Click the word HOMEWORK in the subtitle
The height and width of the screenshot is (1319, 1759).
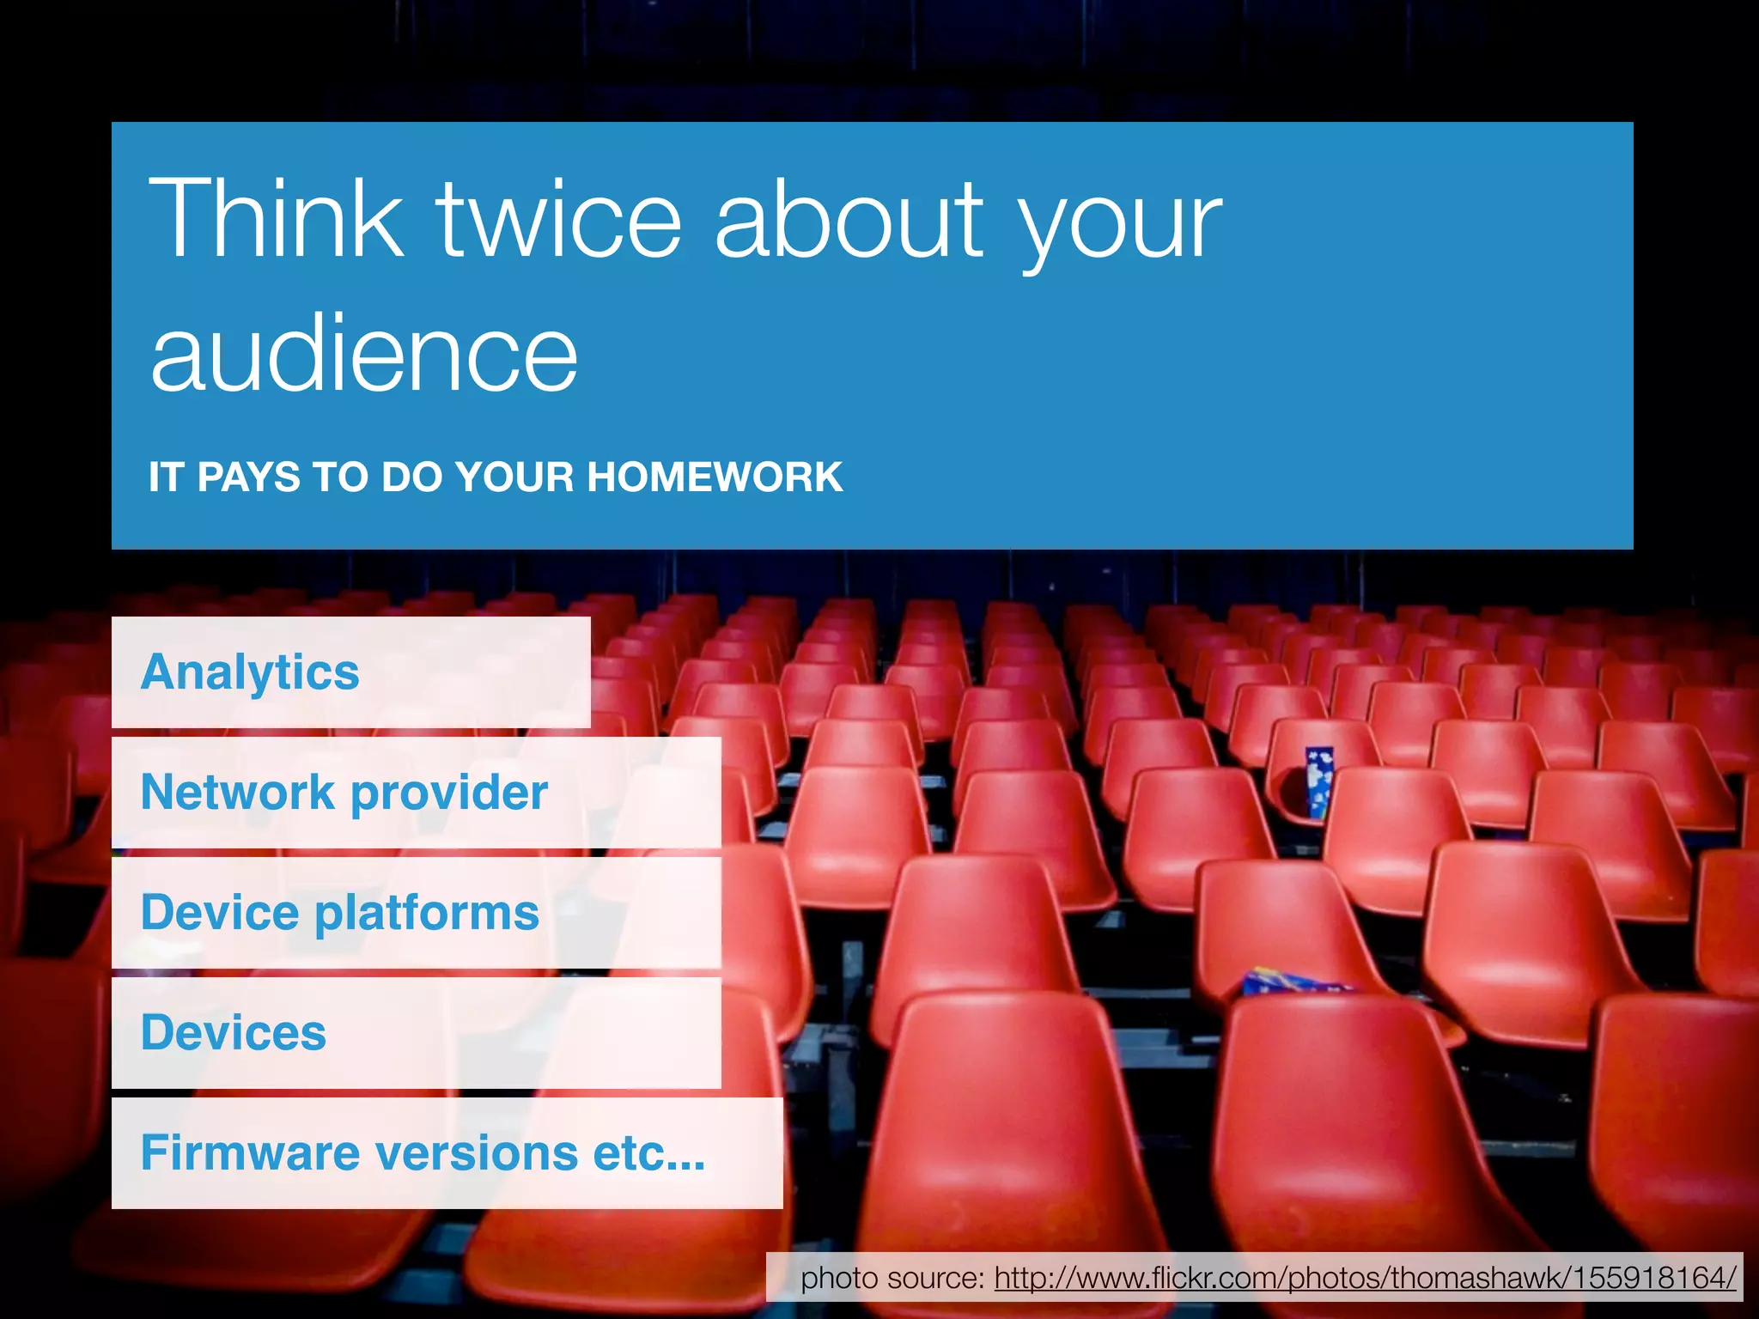(x=715, y=477)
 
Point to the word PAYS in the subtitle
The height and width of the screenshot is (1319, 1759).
(x=248, y=477)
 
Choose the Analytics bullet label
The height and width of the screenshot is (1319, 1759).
(x=250, y=672)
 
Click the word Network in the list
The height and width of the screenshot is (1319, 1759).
(x=237, y=792)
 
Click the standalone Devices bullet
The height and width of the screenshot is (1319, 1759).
(x=234, y=1033)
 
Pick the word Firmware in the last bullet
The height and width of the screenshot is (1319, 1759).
(x=249, y=1153)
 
